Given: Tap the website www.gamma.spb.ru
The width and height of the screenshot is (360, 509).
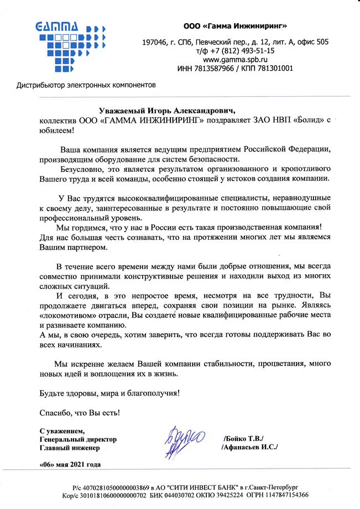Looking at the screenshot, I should pos(236,59).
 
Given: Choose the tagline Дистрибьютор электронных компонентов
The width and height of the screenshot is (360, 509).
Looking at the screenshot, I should pos(87,86).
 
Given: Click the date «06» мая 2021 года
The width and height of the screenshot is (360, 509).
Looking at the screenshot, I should pos(70,464).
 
